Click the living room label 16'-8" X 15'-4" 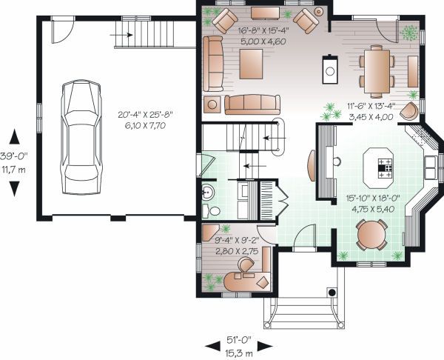263,32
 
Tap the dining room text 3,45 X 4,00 377,117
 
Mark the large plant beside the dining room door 408,32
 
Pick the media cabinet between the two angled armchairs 265,13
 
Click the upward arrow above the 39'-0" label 13,137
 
